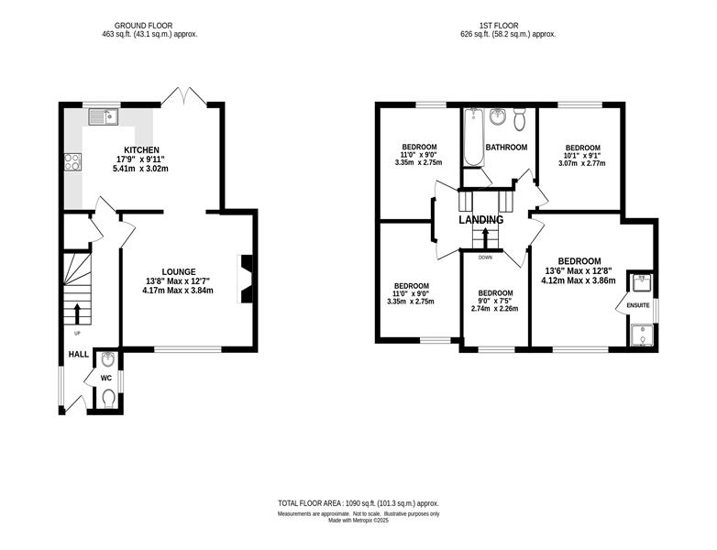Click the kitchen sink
click(104, 116)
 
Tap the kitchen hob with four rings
click(72, 162)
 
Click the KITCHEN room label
click(142, 150)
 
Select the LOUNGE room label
click(179, 271)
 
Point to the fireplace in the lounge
click(245, 279)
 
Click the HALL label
click(79, 355)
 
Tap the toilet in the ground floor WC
click(108, 398)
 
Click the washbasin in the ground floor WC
click(108, 360)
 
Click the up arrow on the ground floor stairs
click(77, 314)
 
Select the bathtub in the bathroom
click(474, 137)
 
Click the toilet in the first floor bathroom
click(520, 118)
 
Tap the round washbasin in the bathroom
click(497, 117)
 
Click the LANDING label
click(481, 220)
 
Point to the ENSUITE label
click(638, 305)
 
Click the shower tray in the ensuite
click(643, 335)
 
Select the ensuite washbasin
click(642, 283)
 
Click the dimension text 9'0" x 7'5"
click(495, 301)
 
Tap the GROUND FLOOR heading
click(144, 26)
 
